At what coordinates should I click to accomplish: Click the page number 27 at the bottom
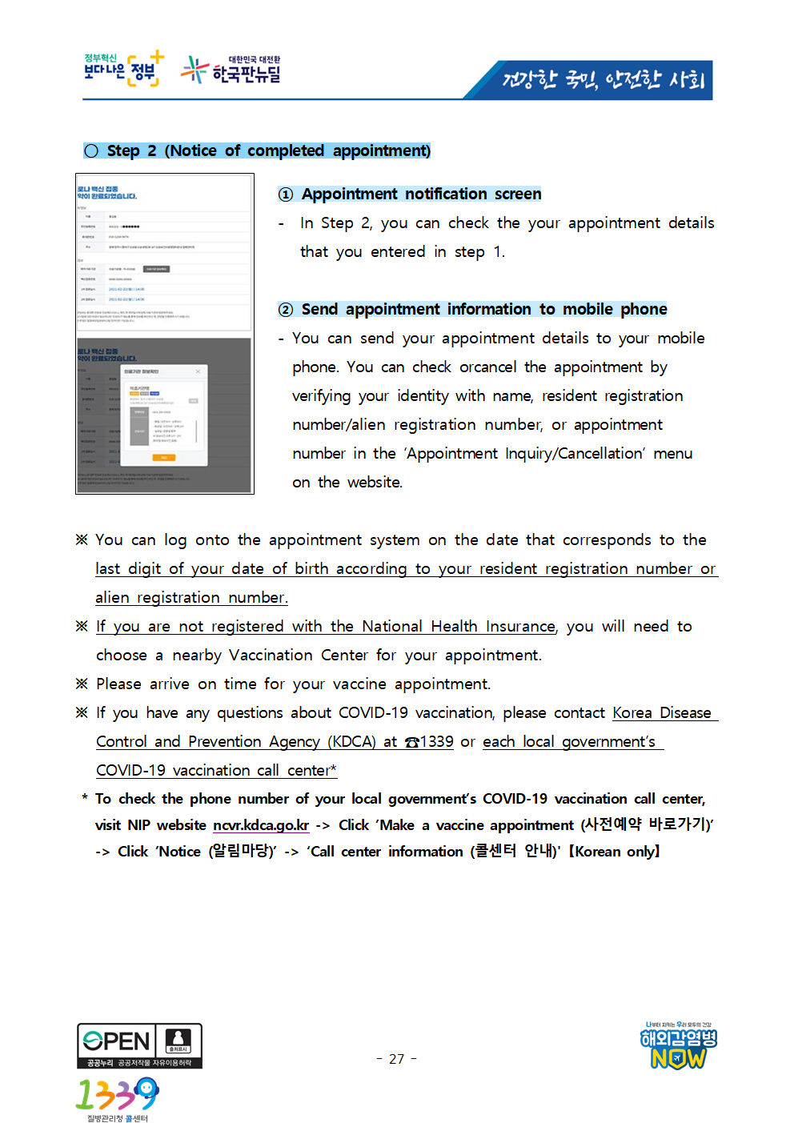pos(396,1059)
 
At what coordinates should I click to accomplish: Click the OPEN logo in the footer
pos(116,1041)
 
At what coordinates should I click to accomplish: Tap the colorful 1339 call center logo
pos(117,1094)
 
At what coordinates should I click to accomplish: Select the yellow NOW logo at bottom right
pos(678,1058)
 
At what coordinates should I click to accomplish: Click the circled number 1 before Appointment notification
pos(286,195)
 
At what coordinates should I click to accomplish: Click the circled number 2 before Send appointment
pos(286,310)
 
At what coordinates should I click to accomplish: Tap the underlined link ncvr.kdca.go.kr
pos(260,825)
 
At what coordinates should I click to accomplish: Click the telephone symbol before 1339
pos(412,742)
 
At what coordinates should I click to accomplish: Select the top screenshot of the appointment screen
pos(164,252)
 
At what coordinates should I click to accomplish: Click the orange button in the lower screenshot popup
pos(164,457)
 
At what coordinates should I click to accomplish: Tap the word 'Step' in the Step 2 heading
pos(123,151)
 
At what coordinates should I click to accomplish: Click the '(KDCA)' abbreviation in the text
pos(351,742)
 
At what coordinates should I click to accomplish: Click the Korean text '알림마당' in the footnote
pos(241,852)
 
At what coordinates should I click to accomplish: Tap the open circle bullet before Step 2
pos(91,151)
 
